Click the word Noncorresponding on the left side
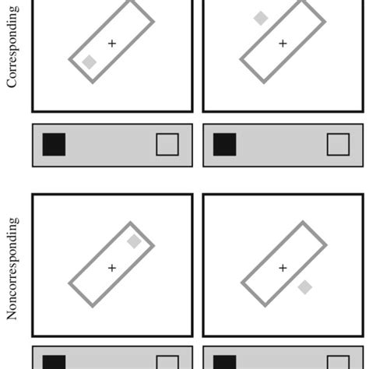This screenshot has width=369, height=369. (12, 269)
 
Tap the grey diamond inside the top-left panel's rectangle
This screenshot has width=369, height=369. (90, 63)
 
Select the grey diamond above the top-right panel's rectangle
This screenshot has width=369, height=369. (261, 19)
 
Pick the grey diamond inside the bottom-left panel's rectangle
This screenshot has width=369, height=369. (134, 241)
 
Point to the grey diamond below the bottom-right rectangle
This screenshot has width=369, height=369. (305, 287)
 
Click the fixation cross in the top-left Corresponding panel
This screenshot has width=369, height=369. (112, 44)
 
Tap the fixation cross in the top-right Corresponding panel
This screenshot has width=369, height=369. (283, 44)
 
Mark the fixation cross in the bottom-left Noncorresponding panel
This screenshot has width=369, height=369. (112, 268)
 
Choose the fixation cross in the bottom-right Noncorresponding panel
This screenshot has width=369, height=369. (283, 268)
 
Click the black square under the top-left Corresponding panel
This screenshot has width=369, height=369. (54, 145)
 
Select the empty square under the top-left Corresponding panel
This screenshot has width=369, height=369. (167, 145)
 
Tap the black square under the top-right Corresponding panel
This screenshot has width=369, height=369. (224, 145)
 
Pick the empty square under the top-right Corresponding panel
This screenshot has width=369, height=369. (338, 145)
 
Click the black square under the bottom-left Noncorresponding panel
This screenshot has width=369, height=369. (54, 362)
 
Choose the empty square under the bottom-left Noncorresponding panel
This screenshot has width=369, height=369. (167, 363)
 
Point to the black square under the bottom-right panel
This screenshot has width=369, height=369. (224, 362)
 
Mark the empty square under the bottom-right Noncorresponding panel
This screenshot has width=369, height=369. (338, 363)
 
